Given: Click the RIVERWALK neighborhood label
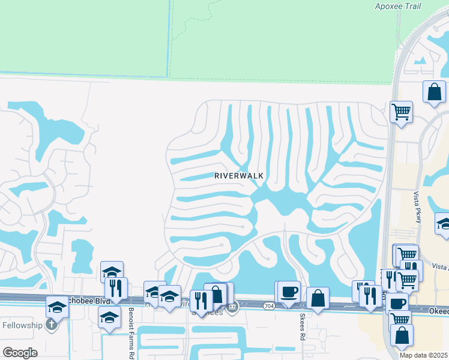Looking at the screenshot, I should (240, 176).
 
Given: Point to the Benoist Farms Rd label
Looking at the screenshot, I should (131, 334).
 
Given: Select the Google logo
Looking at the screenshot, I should (20, 352).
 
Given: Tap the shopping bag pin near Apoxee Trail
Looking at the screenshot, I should (434, 92).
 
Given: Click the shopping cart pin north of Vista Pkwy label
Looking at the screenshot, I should (401, 111).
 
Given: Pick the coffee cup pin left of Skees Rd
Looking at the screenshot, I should (289, 292).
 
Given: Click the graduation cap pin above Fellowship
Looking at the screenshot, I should (58, 307).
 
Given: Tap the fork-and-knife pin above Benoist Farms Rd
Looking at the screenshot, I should (116, 287).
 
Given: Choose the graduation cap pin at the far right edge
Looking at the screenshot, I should (443, 224).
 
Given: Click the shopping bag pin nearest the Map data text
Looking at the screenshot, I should (402, 335).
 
